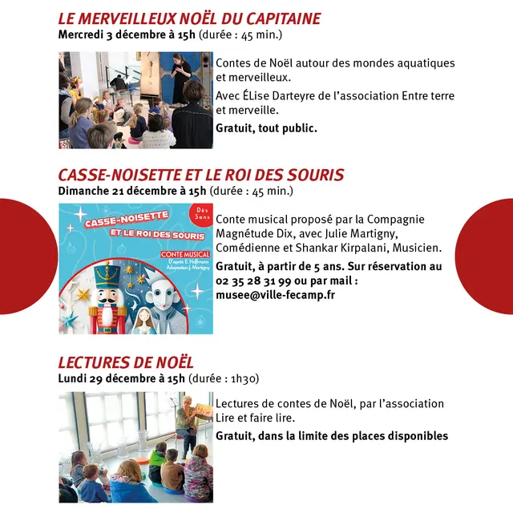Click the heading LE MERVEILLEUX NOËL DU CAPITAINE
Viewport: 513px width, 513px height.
[189, 18]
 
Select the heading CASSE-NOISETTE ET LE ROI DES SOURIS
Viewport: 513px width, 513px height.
[201, 175]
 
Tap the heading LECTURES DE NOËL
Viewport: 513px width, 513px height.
[126, 362]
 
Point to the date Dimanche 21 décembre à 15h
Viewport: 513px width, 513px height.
[132, 191]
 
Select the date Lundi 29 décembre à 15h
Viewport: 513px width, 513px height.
[121, 378]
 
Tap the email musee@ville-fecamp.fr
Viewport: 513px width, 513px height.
[275, 295]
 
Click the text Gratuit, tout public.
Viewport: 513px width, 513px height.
[266, 127]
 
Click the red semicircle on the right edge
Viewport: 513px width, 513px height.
[489, 256]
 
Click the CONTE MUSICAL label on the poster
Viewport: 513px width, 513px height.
[184, 254]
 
